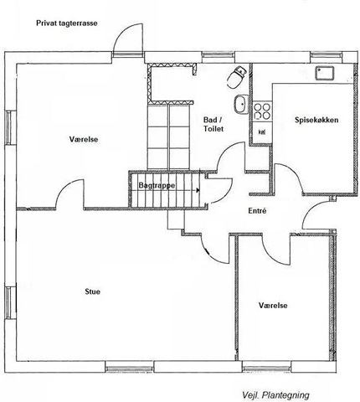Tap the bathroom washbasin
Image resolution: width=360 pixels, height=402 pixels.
(x=241, y=104)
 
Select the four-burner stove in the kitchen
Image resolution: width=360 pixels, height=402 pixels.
(x=262, y=111)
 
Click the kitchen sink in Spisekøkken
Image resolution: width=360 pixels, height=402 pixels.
(x=325, y=74)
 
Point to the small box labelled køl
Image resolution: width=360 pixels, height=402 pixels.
(x=262, y=131)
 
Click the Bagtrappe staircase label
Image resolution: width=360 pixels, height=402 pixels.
(x=157, y=186)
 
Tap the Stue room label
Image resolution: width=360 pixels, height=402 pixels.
(x=92, y=291)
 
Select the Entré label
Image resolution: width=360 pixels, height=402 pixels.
(x=257, y=211)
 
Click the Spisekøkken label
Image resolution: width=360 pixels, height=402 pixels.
(x=316, y=120)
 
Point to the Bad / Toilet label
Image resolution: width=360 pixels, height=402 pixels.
(x=213, y=125)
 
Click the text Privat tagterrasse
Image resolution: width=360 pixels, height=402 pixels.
(x=67, y=23)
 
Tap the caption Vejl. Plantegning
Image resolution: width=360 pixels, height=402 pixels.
(x=275, y=395)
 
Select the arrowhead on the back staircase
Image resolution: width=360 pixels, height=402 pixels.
(x=198, y=190)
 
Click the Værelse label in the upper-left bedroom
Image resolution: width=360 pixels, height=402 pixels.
(x=84, y=139)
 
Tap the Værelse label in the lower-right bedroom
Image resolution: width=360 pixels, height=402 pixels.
(x=273, y=306)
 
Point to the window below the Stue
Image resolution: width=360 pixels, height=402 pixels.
(x=129, y=367)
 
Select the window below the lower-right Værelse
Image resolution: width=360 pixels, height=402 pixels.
(x=266, y=367)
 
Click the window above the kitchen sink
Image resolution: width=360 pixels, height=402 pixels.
(x=327, y=55)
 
